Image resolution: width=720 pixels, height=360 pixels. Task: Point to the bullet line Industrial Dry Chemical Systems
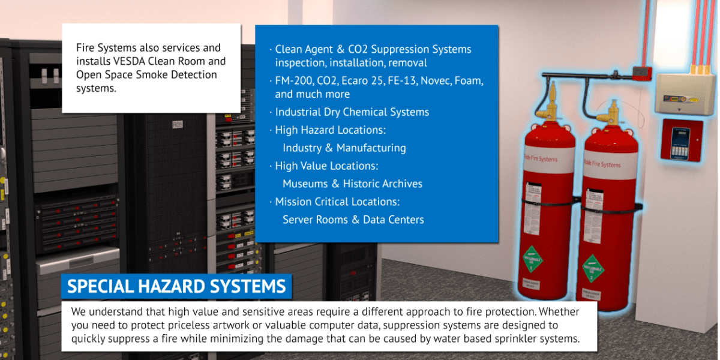coord(352,112)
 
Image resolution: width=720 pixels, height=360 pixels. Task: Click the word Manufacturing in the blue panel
coord(371,148)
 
